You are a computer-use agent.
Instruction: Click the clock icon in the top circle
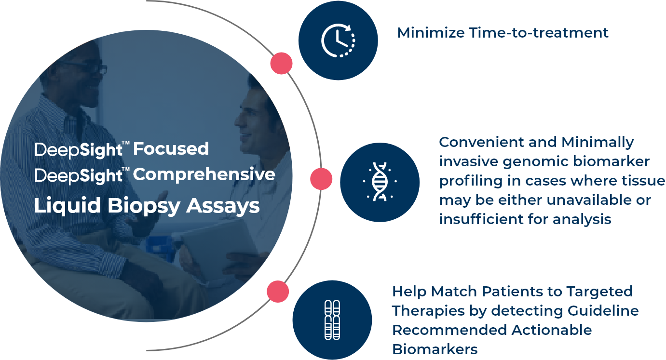click(x=338, y=40)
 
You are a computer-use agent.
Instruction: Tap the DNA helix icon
click(x=379, y=182)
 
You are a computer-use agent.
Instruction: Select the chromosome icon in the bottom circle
click(x=332, y=320)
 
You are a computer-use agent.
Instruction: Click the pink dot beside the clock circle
click(x=281, y=63)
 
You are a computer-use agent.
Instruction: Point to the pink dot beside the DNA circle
click(x=321, y=179)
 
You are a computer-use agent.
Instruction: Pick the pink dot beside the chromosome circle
click(x=278, y=292)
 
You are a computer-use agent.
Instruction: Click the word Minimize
click(x=431, y=33)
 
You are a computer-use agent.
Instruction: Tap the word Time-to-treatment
click(x=540, y=33)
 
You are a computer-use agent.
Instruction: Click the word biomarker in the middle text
click(x=605, y=161)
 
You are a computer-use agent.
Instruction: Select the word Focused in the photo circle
click(x=171, y=149)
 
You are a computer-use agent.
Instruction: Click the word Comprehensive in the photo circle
click(x=204, y=174)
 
